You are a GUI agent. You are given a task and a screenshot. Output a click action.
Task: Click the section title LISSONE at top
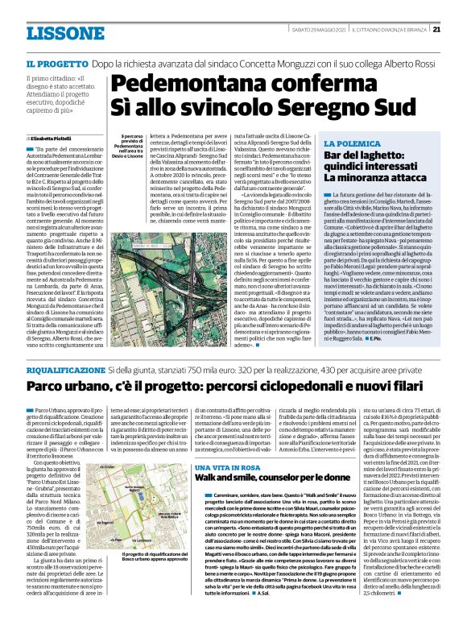click(x=59, y=34)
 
